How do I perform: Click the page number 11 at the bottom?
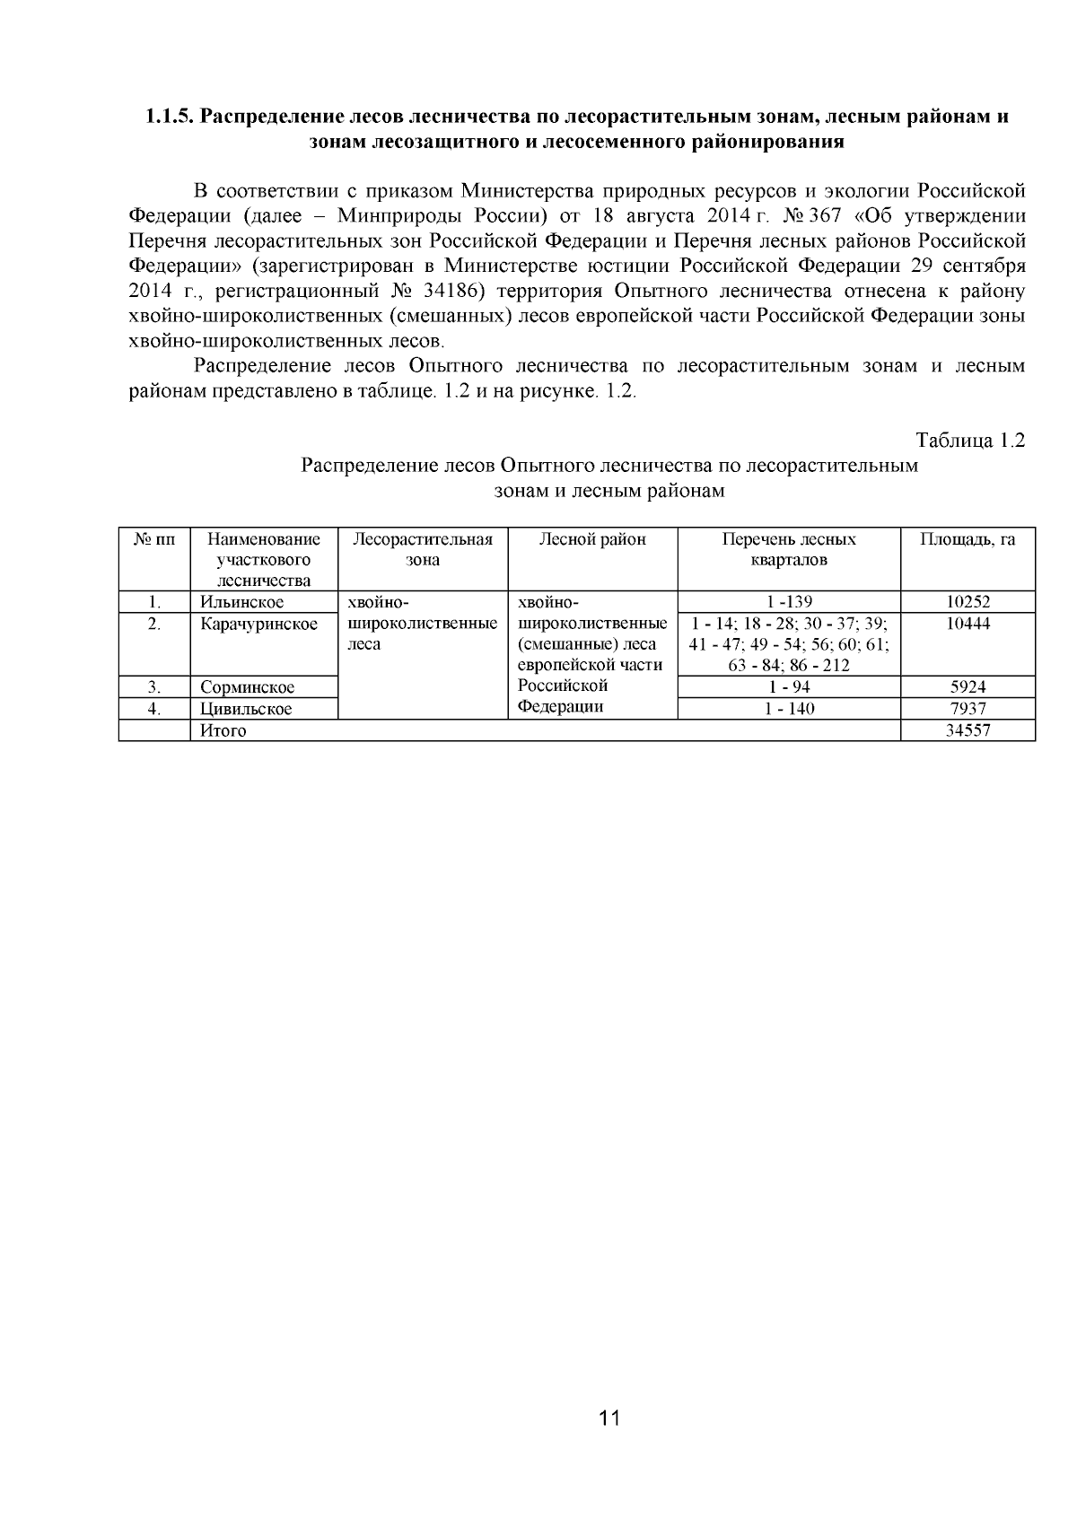tap(609, 1418)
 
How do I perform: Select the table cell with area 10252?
tap(968, 602)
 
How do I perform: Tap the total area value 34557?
tap(968, 730)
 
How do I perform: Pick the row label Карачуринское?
tap(258, 624)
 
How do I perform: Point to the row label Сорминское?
tap(247, 687)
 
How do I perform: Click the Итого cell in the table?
tap(223, 730)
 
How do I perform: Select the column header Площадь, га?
tap(968, 539)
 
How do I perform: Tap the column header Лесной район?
tap(592, 539)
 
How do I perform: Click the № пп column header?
tap(154, 539)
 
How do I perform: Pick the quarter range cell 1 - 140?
tap(789, 709)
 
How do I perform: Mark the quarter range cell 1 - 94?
tap(789, 687)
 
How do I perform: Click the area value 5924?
tap(968, 687)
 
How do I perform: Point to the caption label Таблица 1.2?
tap(969, 441)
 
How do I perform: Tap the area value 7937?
tap(968, 709)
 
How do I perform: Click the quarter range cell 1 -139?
tap(789, 602)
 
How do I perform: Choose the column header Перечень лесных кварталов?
tap(789, 549)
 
